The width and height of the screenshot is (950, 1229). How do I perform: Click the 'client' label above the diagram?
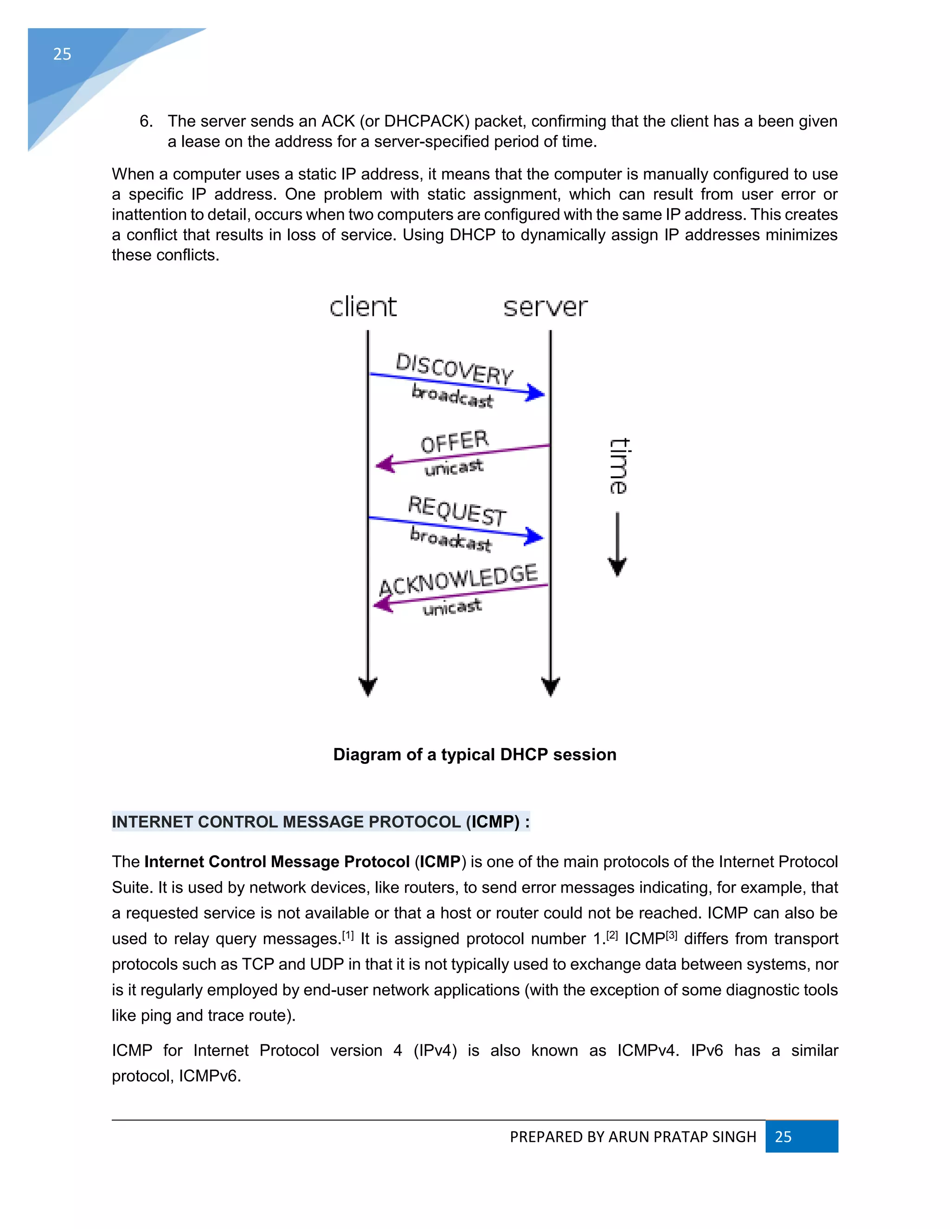click(363, 307)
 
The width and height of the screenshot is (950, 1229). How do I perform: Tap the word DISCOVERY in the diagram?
click(454, 369)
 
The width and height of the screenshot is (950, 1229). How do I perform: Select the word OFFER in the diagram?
click(455, 441)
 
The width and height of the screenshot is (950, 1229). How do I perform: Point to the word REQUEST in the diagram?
click(457, 511)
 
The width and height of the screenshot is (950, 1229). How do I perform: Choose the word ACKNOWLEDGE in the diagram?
click(458, 580)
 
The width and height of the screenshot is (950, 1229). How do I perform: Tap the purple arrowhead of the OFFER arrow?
click(385, 464)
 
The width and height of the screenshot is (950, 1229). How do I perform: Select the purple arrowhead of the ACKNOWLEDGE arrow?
click(383, 605)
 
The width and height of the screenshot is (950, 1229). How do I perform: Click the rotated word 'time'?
click(619, 467)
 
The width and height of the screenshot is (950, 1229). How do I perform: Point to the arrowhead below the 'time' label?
click(617, 565)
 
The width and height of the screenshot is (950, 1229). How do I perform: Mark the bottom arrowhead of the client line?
click(368, 686)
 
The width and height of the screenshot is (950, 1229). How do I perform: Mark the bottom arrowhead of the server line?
click(551, 686)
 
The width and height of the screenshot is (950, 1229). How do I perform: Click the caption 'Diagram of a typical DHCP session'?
click(475, 755)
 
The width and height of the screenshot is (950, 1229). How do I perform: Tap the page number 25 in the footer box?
click(783, 1137)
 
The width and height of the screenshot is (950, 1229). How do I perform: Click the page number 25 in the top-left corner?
click(62, 54)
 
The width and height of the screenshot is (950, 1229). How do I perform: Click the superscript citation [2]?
click(612, 935)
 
